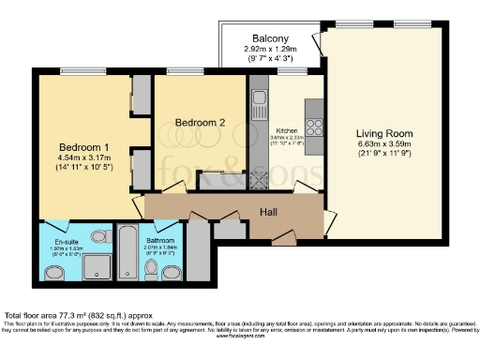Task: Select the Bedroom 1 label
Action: pos(84,147)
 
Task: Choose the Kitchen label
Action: pos(286,131)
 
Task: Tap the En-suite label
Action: pos(67,241)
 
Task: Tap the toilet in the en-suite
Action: pos(56,273)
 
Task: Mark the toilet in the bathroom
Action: pos(151,270)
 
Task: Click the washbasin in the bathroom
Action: pos(172,273)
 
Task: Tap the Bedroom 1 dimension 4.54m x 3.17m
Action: pos(84,158)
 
